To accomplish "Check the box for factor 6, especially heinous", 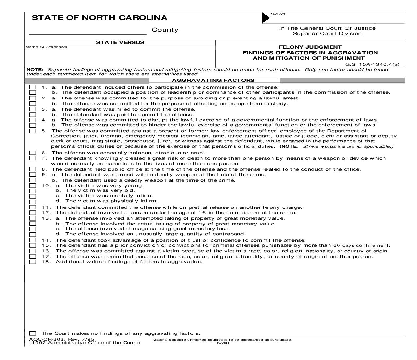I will (33, 153).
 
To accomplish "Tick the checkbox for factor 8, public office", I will (33, 169).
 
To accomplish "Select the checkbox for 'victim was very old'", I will (33, 190).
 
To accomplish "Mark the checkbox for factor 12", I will (33, 213).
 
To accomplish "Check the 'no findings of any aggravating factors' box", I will (33, 333).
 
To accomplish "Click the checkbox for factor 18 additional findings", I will (33, 262).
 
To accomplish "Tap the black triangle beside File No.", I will (266, 18).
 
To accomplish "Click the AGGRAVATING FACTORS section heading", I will (213, 80).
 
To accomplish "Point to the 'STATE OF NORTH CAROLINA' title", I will (99, 18).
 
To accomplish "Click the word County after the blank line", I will (165, 30).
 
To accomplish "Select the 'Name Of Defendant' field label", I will (46, 47).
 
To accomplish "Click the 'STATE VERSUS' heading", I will (120, 42).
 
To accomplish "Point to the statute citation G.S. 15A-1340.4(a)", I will (372, 64).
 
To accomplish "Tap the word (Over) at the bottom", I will (223, 343).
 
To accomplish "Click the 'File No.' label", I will (278, 14).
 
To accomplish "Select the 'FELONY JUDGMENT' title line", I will (310, 47).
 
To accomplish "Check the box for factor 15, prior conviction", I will (33, 245).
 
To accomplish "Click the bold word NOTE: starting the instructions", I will (35, 70).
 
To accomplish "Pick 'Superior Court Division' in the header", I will (327, 33).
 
